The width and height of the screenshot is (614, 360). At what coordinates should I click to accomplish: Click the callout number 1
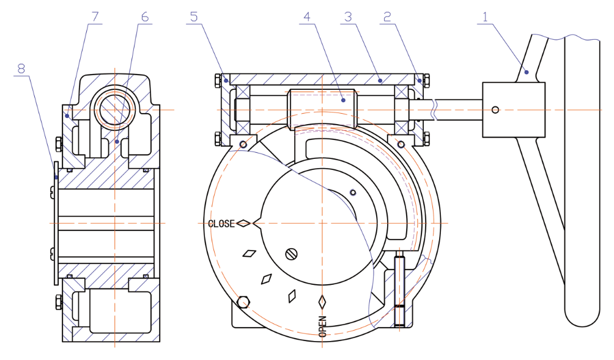pos(485,17)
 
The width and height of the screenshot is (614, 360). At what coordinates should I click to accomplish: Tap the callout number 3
pos(348,17)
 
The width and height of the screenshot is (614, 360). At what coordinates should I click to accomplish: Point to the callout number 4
pos(307,17)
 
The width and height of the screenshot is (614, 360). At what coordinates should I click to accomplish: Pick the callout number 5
pos(194,17)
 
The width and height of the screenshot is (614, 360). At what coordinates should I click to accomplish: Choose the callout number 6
pos(144,17)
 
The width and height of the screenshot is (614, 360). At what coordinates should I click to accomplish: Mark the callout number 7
pos(94,17)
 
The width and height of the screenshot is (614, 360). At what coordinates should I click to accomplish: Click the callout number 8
pos(21,68)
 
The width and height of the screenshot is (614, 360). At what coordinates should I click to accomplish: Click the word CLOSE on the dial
pos(221,224)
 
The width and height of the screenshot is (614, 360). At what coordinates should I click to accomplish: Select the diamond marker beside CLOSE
pos(243,224)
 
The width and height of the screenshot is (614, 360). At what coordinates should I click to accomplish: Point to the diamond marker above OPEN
pos(322,301)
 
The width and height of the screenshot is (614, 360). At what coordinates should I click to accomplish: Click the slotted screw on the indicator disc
pos(291,252)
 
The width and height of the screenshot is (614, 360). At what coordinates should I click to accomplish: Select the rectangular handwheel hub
pos(513,110)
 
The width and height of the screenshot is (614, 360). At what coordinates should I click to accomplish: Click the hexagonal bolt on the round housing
pos(244,302)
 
